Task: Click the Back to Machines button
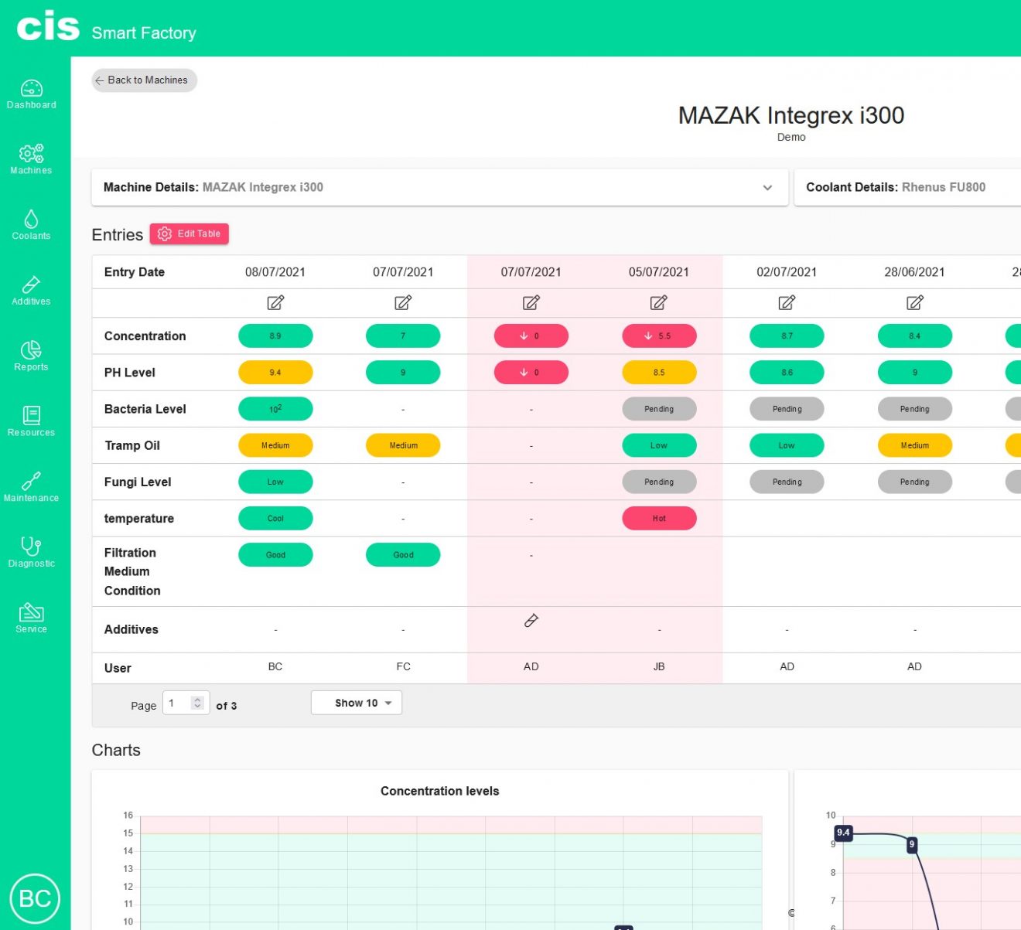144,80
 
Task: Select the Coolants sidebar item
32,225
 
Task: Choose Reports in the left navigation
32,356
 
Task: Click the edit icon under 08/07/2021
275,303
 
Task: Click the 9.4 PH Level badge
275,373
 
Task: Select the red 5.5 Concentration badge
659,336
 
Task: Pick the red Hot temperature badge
659,519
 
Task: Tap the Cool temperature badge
275,519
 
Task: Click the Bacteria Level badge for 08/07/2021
275,409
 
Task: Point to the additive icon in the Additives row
531,621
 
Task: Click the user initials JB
659,666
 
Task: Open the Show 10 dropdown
357,703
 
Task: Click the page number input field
181,703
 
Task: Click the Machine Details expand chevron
767,188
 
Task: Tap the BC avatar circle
35,898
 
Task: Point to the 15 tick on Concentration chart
128,833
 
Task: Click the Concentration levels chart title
439,791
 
